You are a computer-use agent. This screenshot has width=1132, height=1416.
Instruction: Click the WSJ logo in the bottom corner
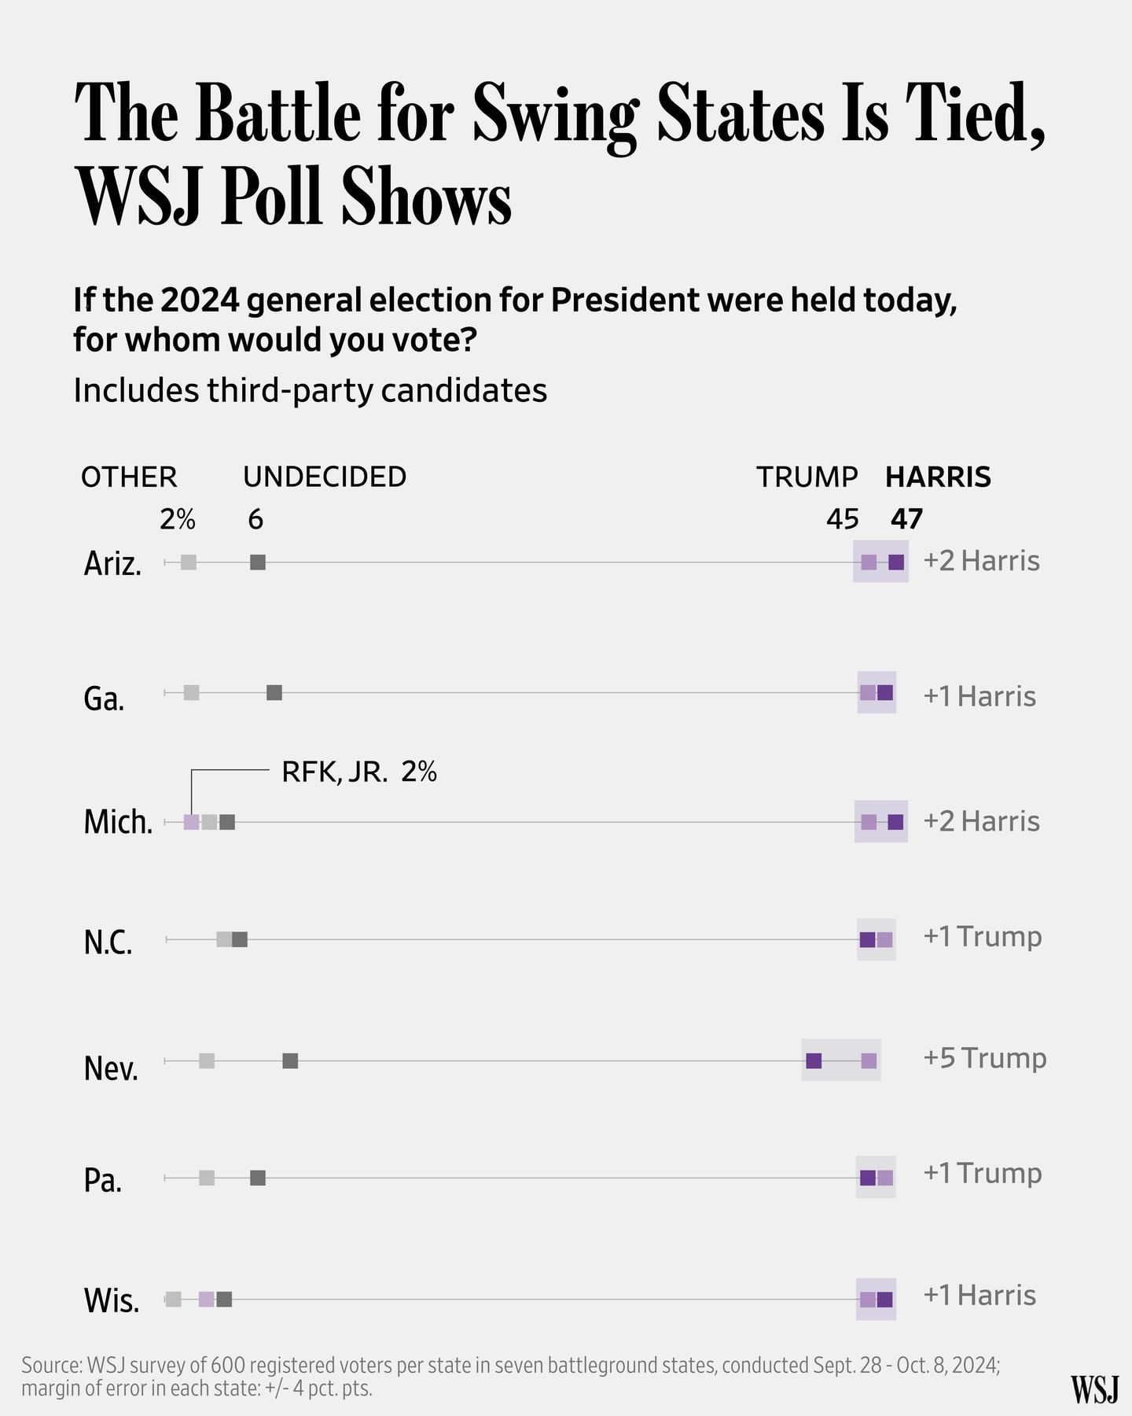coord(1094,1390)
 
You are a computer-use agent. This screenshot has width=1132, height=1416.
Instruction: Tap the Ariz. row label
coord(112,564)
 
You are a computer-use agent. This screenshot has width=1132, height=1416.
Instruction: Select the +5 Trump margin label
coord(984,1058)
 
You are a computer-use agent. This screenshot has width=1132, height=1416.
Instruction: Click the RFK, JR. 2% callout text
coord(358,773)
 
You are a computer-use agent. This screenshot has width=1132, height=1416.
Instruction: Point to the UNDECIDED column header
coord(324,477)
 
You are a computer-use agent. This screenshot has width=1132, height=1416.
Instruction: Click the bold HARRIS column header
coord(938,477)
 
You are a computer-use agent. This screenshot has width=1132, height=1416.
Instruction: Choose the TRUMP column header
coord(807,477)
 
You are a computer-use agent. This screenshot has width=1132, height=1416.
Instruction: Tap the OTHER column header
coord(129,477)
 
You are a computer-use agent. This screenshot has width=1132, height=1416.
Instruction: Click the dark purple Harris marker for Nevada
coord(814,1060)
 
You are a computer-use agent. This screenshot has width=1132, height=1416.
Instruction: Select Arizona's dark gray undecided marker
coord(258,562)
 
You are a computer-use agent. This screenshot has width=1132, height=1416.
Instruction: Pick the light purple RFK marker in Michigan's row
coord(191,822)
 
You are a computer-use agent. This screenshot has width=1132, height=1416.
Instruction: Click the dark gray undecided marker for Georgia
coord(274,693)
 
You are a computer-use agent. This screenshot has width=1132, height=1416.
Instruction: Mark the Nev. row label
coord(111,1068)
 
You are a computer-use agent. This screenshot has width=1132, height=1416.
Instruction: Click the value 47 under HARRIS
coord(906,519)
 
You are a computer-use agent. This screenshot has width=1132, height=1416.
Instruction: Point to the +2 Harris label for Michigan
coord(981,821)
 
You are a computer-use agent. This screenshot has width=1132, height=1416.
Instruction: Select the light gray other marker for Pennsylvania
coord(207,1178)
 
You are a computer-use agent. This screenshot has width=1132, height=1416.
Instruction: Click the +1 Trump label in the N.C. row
coord(982,936)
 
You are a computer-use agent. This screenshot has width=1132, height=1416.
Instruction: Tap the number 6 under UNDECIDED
coord(255,519)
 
